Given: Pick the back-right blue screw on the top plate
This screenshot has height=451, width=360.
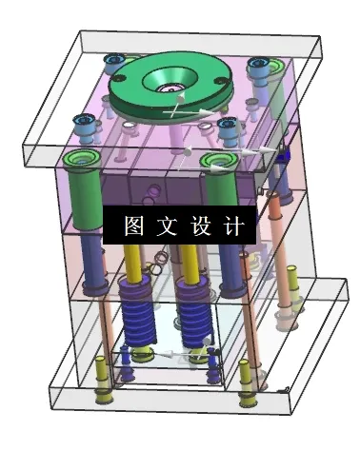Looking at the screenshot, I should tap(258, 67).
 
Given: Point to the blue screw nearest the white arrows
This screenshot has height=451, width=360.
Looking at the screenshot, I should tap(227, 127).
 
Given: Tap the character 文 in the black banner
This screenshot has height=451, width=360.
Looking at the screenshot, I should tap(166, 226).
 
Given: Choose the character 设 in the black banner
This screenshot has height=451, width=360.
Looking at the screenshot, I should tap(198, 226).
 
